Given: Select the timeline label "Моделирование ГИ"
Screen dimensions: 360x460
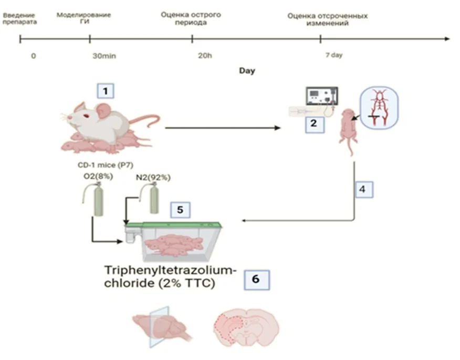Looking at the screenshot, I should pos(84,18).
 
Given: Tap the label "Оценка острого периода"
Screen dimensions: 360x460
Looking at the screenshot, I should pos(191,18).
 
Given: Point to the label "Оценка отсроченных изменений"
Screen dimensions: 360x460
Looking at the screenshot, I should pos(327,19).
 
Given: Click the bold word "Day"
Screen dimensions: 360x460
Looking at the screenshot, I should pos(247,70).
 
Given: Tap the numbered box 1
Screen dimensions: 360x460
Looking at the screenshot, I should pos(106,91).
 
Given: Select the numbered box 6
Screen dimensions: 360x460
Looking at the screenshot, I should pos(256,280).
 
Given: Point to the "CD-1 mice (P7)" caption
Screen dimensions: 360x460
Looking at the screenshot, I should pos(98,164).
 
